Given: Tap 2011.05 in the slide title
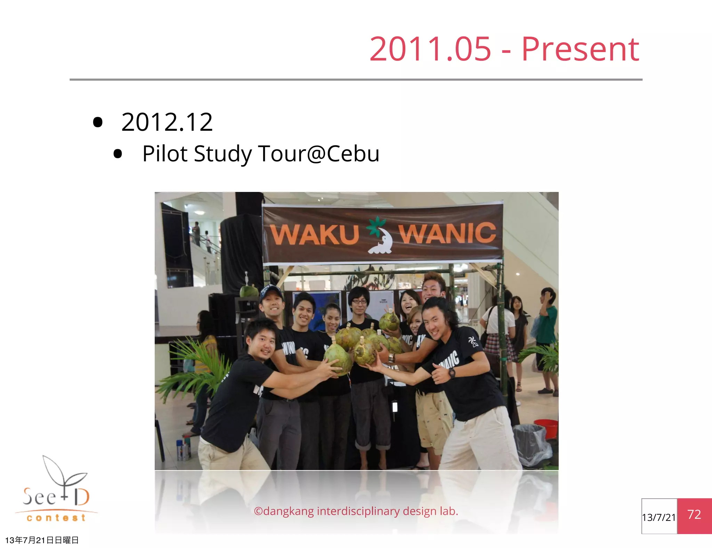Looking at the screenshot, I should click(x=430, y=50).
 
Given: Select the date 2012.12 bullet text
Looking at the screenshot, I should click(x=167, y=122).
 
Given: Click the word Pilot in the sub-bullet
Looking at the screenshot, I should click(x=164, y=154).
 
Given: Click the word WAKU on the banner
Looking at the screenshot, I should click(x=314, y=235).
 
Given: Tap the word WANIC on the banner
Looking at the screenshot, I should click(x=447, y=233).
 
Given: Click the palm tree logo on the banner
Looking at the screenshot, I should click(x=380, y=235).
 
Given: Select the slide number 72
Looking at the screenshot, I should click(x=694, y=515).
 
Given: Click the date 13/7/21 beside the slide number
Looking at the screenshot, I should click(x=659, y=517).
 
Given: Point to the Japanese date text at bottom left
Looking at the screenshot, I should click(x=42, y=540).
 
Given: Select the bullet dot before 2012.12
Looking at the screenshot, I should click(x=98, y=122).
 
